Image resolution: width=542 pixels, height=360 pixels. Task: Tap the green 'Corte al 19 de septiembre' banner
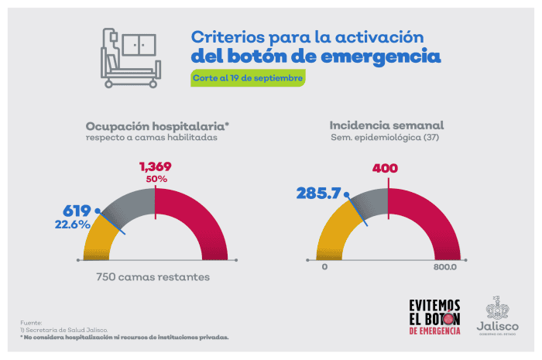[x=248, y=78]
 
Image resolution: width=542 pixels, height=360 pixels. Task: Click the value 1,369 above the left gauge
[x=155, y=166]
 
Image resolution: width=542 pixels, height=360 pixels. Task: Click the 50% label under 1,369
[x=155, y=180]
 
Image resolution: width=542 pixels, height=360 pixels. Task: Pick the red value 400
[x=386, y=168]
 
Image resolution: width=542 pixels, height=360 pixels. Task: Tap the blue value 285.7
[x=318, y=193]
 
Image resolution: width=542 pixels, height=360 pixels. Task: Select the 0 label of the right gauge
[x=324, y=267]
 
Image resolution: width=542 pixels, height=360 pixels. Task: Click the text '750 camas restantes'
[x=153, y=276]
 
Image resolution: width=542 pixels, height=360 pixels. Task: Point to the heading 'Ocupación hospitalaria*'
[x=158, y=125]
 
